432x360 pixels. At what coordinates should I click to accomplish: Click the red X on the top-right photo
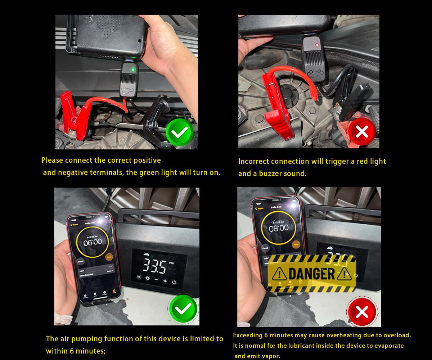[361, 132]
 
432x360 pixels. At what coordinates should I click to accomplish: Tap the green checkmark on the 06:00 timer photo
[183, 309]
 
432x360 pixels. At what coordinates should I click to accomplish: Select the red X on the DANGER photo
[361, 312]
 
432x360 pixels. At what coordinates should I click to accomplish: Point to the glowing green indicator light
[133, 69]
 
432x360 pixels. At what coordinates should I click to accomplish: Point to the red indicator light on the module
[316, 45]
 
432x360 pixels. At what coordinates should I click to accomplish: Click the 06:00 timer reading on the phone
[93, 242]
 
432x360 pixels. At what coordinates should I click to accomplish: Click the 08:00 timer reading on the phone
[279, 228]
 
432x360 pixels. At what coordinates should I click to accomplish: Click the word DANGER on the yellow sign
[312, 274]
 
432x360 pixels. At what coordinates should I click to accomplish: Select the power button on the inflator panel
[174, 282]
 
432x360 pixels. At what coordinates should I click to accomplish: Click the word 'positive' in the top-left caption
[147, 160]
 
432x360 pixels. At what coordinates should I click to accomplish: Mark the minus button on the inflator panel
[156, 280]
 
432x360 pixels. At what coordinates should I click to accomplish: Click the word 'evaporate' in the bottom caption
[387, 346]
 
